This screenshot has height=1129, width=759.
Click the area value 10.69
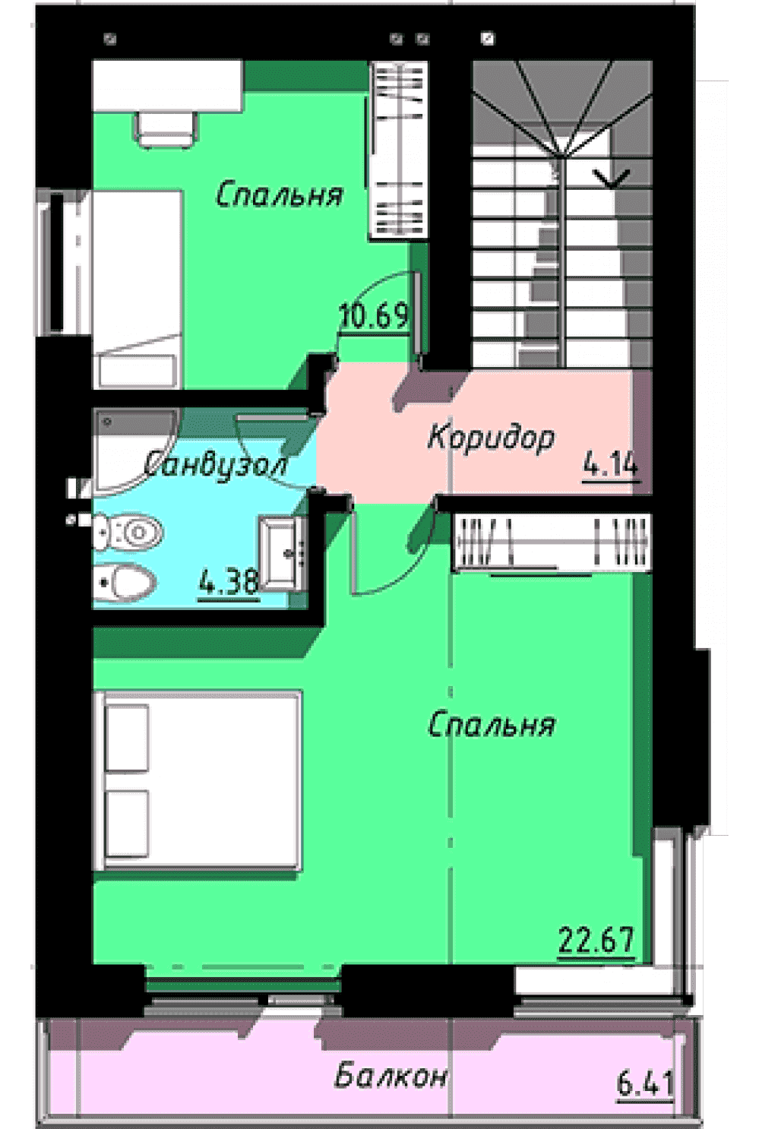coord(374,316)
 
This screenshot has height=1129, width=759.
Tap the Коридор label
coord(492,438)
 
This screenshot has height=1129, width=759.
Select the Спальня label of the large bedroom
coord(492,724)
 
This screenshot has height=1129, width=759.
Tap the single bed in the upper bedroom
coord(137,289)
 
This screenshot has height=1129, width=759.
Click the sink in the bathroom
coord(283,553)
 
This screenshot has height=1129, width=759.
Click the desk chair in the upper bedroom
coord(165,129)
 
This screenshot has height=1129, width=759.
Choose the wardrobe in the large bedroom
coord(552,543)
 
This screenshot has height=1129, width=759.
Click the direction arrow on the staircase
coord(612,179)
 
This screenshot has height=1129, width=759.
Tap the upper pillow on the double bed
coord(127,738)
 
